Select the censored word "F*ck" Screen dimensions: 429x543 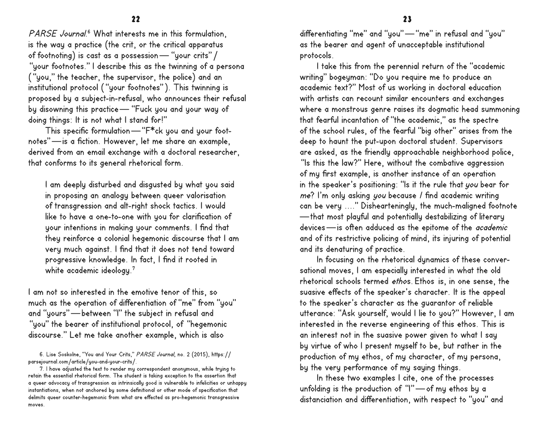click(x=151, y=131)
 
